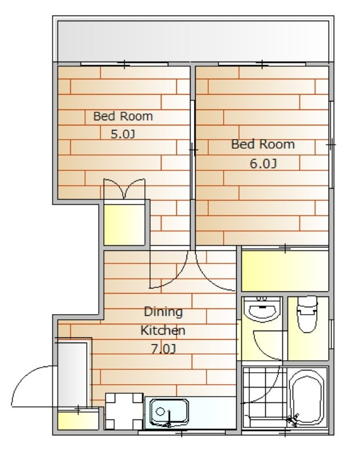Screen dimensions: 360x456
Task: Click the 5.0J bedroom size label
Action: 123,134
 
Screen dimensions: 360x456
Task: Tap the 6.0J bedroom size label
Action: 263,164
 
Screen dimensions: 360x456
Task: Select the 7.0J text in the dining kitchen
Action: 163,349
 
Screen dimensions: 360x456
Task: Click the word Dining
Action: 163,312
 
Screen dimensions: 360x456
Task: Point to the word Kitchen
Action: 163,331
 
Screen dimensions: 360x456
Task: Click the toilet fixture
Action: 308,314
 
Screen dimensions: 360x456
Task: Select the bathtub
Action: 308,397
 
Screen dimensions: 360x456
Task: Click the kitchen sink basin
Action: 169,412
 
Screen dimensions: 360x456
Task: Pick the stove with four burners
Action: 124,411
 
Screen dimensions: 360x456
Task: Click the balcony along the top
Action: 193,41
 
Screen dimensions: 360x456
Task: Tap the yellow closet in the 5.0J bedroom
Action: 124,225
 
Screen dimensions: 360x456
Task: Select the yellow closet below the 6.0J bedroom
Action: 285,270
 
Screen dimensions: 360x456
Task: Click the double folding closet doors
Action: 124,189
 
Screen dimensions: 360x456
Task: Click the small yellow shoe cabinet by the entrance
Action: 78,419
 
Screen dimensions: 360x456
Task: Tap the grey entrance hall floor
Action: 72,374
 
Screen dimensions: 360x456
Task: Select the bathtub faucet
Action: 293,420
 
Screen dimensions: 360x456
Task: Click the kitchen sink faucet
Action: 169,419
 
